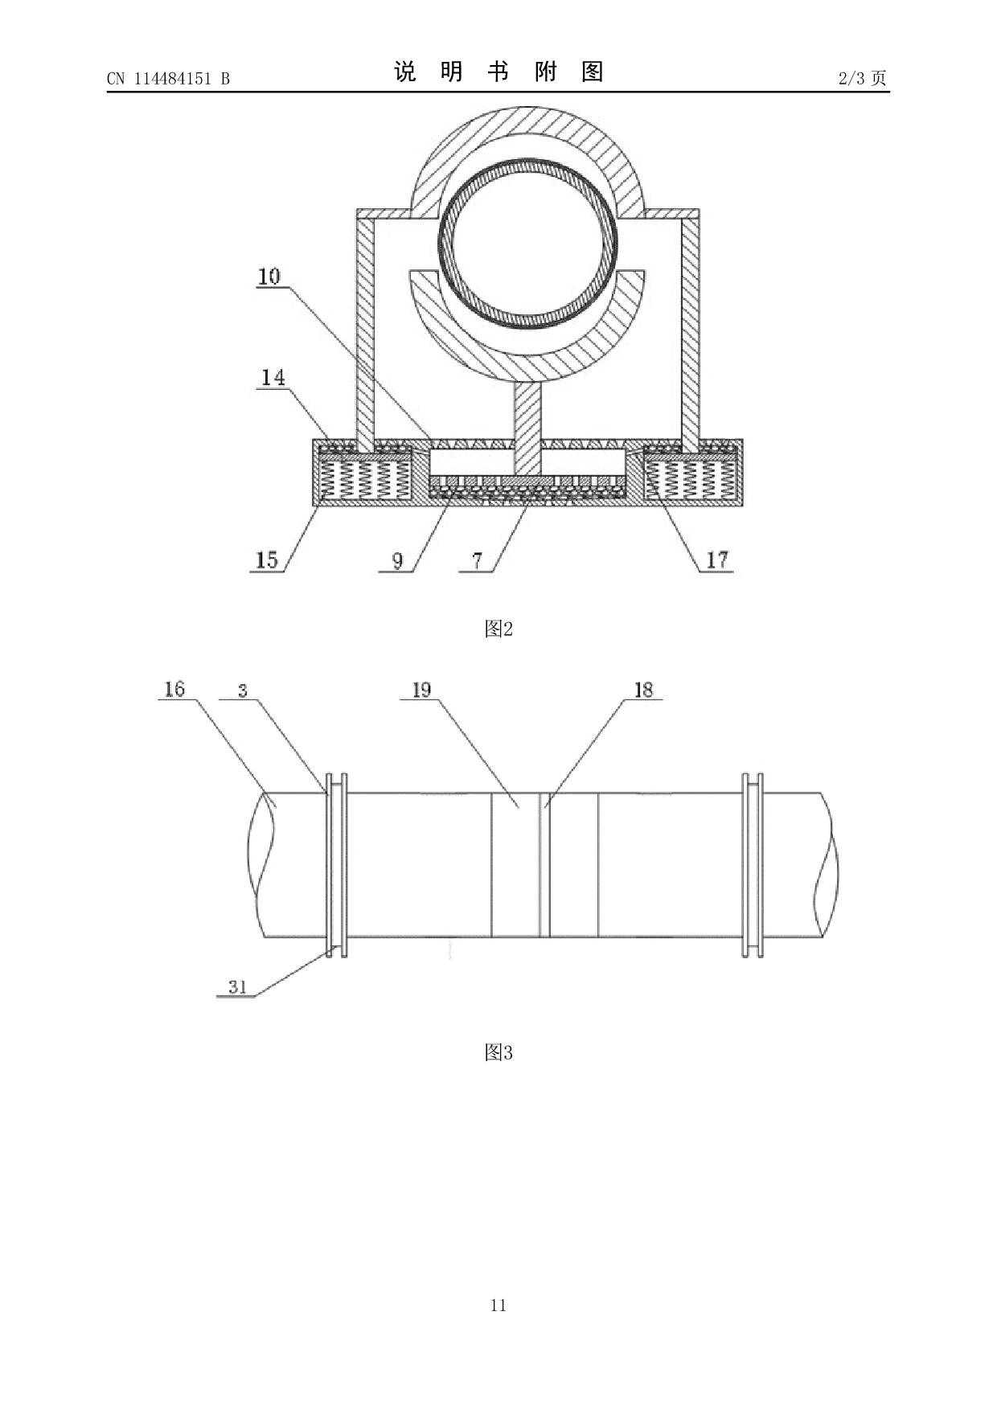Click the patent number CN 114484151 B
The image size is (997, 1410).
(168, 79)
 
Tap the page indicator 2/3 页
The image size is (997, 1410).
(862, 78)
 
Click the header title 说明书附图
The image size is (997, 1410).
(498, 72)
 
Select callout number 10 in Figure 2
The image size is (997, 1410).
(269, 277)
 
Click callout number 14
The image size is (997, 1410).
(273, 377)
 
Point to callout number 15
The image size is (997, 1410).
(266, 559)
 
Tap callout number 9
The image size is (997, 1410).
(398, 560)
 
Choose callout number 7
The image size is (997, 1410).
(478, 560)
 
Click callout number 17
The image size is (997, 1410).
(717, 559)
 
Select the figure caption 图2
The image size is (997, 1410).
(498, 629)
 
